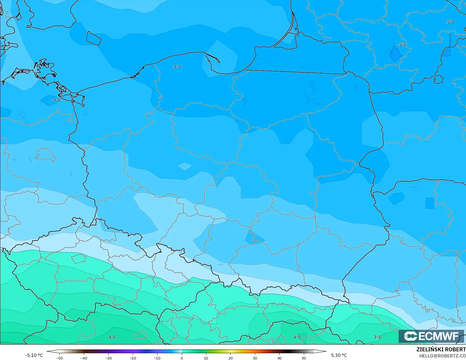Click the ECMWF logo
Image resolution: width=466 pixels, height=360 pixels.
click(x=431, y=336)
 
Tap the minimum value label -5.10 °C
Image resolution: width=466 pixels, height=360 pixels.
click(x=34, y=355)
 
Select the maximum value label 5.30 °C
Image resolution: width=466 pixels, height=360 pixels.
click(x=339, y=355)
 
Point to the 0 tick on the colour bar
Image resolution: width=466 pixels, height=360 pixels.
click(x=181, y=358)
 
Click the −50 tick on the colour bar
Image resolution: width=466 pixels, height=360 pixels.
click(x=59, y=358)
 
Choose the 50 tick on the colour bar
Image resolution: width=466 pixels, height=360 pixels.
click(x=304, y=358)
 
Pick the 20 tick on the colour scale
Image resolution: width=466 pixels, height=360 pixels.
click(x=230, y=358)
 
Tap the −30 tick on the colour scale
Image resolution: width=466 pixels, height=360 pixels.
click(x=108, y=358)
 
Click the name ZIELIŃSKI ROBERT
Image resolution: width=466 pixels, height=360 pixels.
click(x=441, y=350)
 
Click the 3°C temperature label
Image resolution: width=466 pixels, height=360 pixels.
click(x=377, y=337)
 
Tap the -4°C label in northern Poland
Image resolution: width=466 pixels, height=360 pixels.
click(x=177, y=67)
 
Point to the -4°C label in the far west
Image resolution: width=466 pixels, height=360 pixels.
click(x=56, y=100)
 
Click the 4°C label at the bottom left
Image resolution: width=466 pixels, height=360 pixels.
click(x=112, y=337)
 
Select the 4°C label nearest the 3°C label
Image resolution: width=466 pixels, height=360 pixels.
click(x=297, y=337)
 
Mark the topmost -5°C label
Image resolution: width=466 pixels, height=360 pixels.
click(x=450, y=22)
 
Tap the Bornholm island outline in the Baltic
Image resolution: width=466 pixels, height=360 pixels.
click(x=93, y=38)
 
